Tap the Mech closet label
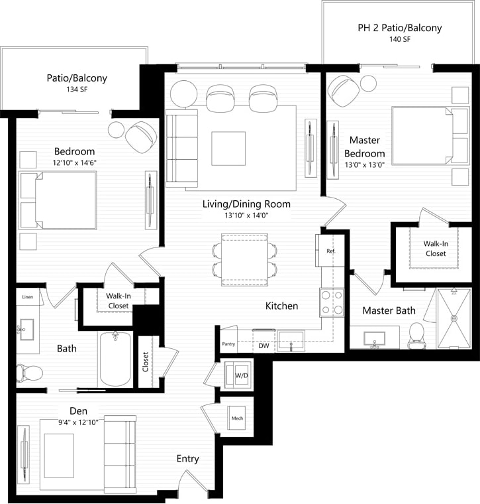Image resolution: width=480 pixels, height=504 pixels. pos(237,418)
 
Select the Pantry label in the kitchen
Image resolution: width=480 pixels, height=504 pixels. pos(228,344)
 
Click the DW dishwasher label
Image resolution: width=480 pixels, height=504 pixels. pos(263,346)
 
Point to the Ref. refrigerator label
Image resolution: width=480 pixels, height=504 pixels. pos(330,252)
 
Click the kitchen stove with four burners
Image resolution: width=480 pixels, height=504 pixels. pos(332,302)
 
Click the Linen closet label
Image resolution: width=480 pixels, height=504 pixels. pos(28,297)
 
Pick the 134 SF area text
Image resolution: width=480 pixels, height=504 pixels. pos(76,90)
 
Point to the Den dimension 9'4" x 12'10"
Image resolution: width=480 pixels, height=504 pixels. pos(78,422)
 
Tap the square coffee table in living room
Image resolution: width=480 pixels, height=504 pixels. pos(228,149)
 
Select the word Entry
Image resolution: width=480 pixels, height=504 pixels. pos(187,458)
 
